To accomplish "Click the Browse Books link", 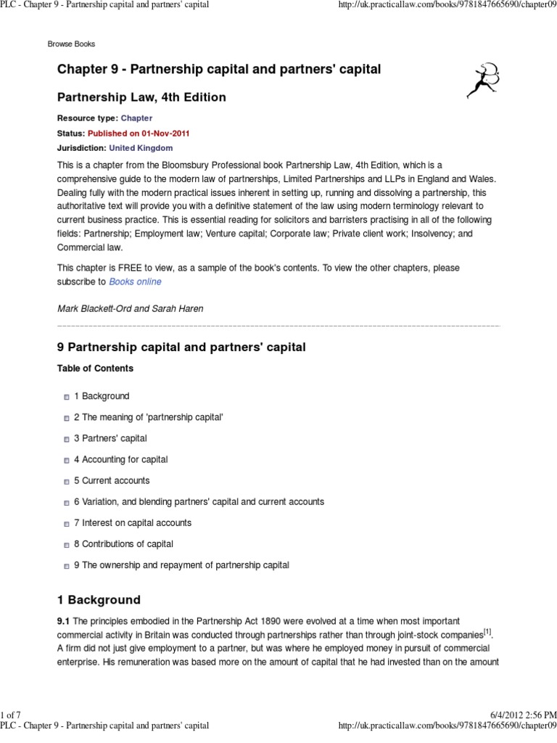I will pyautogui.click(x=71, y=44).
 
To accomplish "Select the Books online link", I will pyautogui.click(x=135, y=281).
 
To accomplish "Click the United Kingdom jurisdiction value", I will pyautogui.click(x=141, y=147).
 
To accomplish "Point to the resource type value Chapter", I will pyautogui.click(x=136, y=118).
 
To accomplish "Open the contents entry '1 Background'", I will pyautogui.click(x=102, y=396).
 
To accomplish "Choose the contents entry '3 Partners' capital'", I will pyautogui.click(x=110, y=438).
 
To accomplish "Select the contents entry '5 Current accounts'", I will pyautogui.click(x=112, y=480).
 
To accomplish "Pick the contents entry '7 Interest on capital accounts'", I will pyautogui.click(x=132, y=522).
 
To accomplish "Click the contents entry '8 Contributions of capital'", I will pyautogui.click(x=123, y=543).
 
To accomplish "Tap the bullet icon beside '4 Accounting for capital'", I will pyautogui.click(x=66, y=460).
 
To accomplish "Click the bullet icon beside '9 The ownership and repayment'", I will pyautogui.click(x=66, y=565).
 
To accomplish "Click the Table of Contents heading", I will pyautogui.click(x=95, y=369).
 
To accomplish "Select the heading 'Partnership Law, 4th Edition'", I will pyautogui.click(x=141, y=97).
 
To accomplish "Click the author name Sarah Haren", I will pyautogui.click(x=177, y=308).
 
